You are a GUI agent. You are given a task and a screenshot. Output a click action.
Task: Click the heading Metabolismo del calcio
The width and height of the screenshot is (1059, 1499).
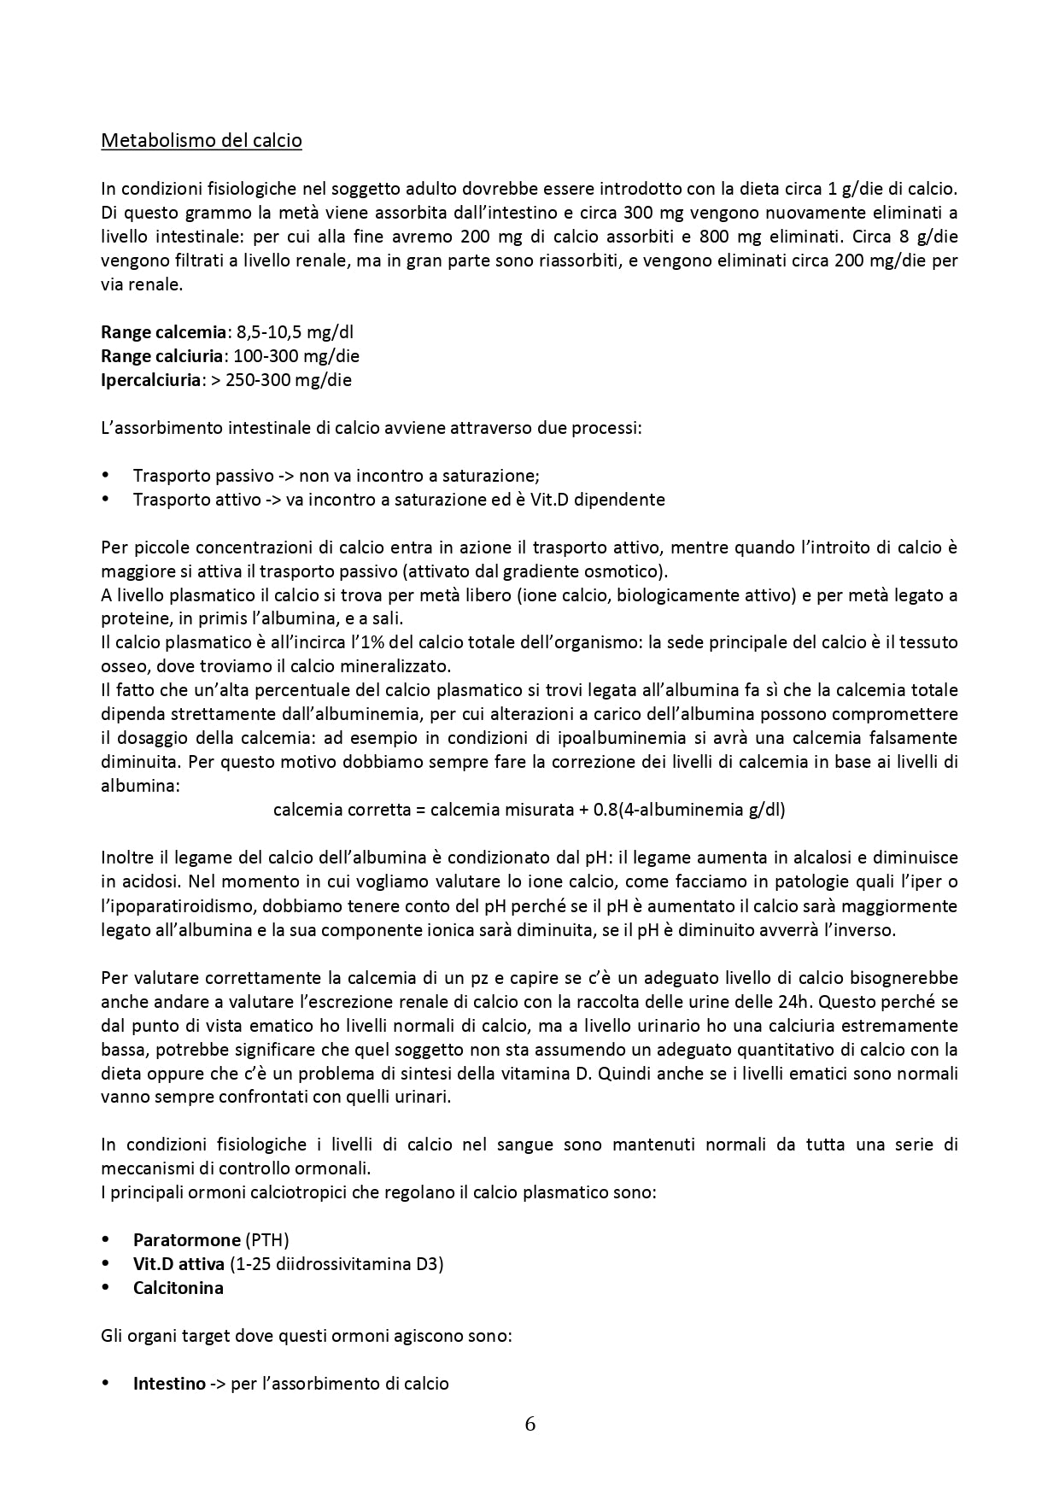(x=202, y=140)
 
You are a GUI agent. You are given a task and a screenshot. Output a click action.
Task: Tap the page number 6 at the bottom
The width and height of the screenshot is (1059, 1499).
(x=530, y=1424)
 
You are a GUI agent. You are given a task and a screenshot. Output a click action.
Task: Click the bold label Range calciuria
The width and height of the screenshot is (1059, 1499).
(x=162, y=355)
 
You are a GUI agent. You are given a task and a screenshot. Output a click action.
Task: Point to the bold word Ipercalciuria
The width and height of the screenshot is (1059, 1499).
(x=150, y=379)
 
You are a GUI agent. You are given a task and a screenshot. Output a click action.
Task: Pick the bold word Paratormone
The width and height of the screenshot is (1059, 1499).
(x=186, y=1239)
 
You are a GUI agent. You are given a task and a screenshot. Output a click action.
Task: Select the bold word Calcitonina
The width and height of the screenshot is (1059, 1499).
(x=178, y=1287)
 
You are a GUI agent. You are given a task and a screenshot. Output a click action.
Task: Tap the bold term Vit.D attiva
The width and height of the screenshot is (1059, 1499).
(x=178, y=1263)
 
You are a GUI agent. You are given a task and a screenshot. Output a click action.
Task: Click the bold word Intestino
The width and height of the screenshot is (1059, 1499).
(x=169, y=1383)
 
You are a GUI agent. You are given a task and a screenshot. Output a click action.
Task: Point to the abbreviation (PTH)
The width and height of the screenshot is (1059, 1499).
(x=266, y=1239)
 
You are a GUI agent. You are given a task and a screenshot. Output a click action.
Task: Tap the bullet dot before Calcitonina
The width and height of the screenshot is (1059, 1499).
(x=106, y=1287)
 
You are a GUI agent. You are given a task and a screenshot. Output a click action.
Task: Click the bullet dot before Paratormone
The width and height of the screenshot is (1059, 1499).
(x=106, y=1239)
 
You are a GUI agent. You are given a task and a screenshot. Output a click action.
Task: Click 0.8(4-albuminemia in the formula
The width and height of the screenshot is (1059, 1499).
(x=668, y=809)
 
